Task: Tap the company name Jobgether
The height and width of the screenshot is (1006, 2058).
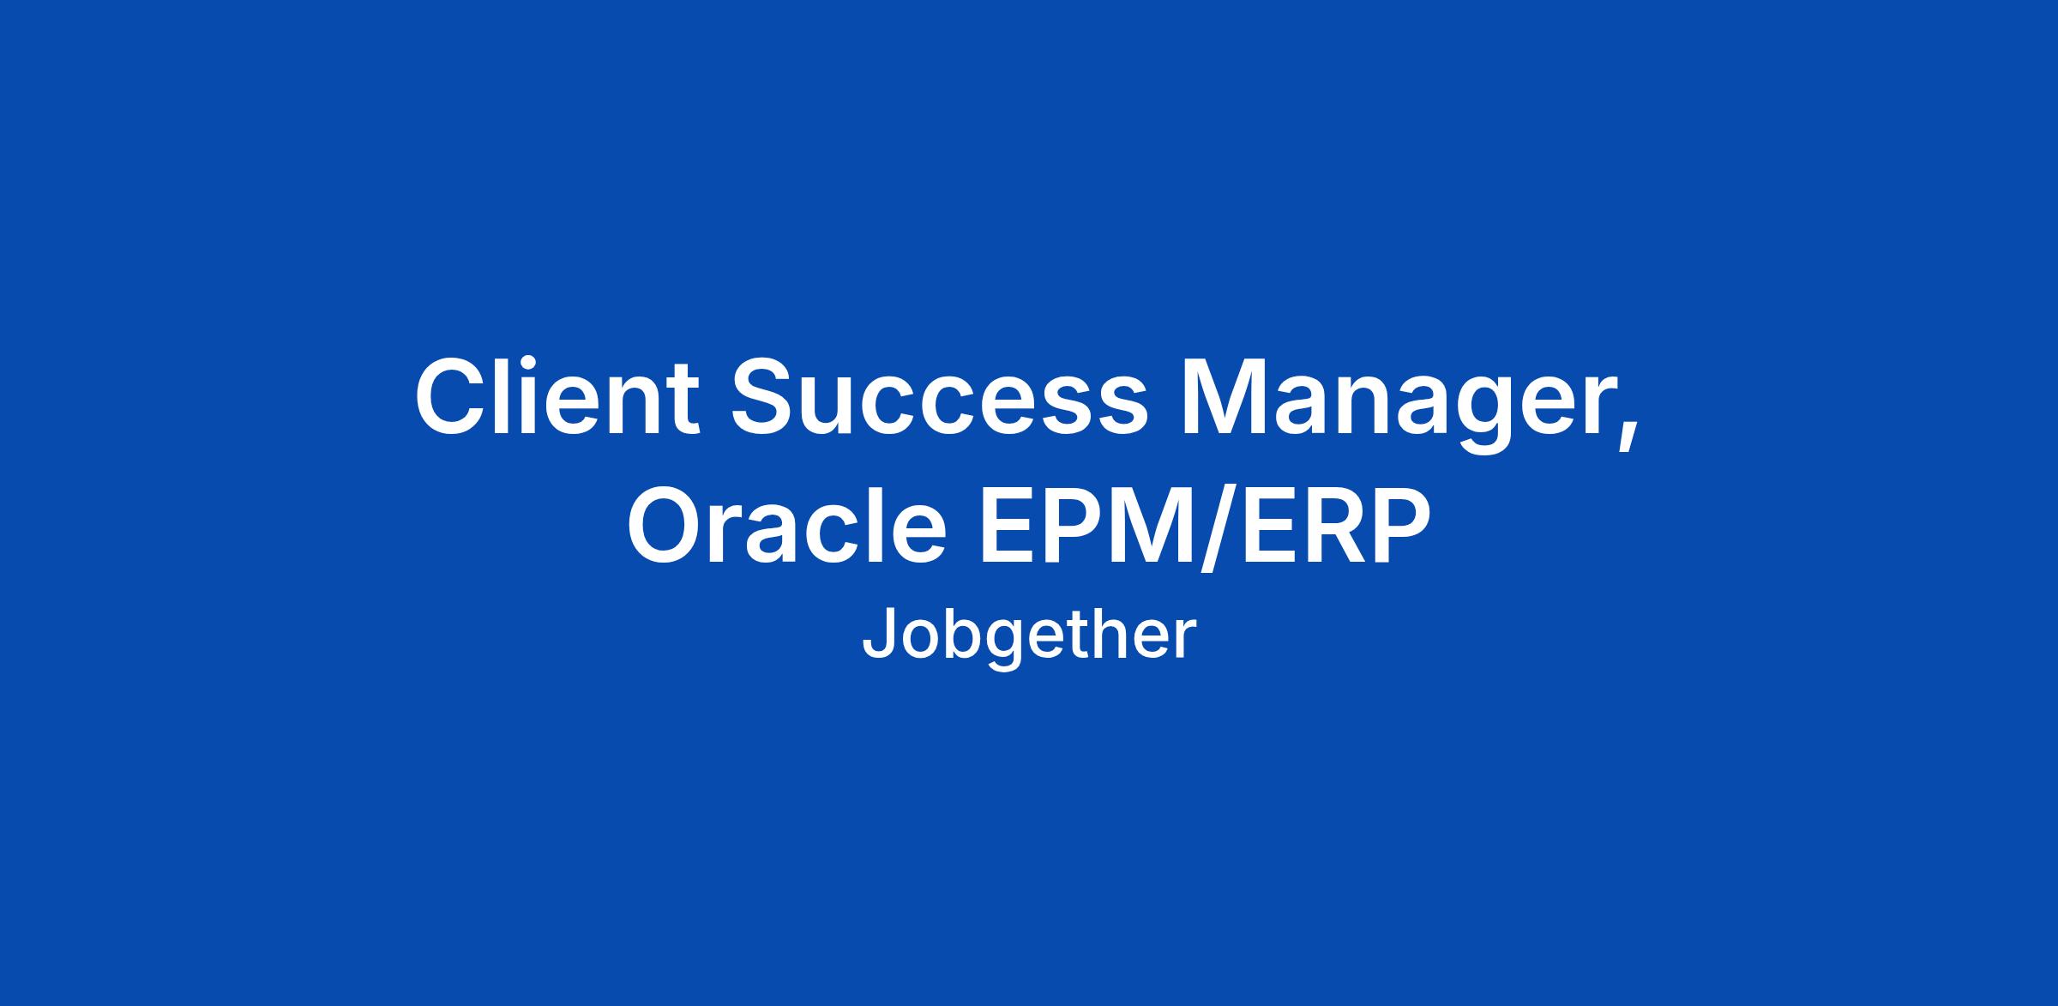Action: pos(1028,636)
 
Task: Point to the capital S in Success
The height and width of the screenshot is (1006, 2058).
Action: pos(765,397)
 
